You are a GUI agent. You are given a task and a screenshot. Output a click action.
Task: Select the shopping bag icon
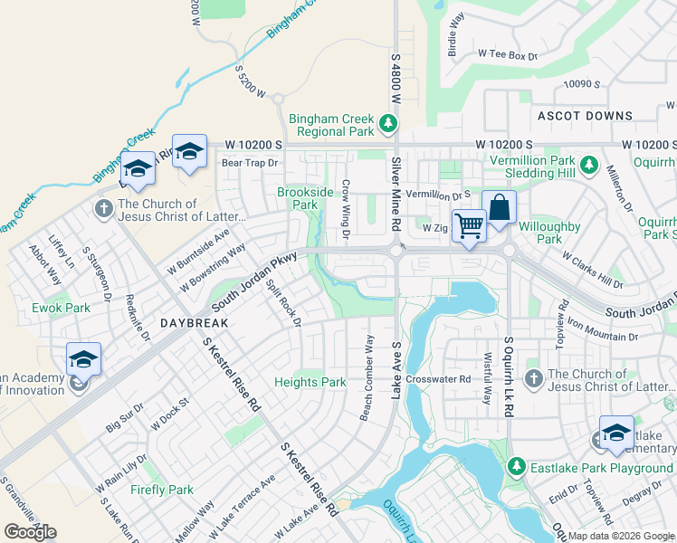pyautogui.click(x=499, y=207)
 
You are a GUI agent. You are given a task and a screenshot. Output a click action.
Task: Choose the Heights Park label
pyautogui.click(x=310, y=383)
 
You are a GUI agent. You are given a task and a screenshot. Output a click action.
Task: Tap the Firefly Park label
pyautogui.click(x=161, y=490)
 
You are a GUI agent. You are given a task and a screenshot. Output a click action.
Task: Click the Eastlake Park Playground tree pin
pyautogui.click(x=516, y=467)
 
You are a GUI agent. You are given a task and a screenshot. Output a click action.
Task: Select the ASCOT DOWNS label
pyautogui.click(x=585, y=116)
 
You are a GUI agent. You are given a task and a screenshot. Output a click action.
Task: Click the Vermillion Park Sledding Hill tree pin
pyautogui.click(x=589, y=165)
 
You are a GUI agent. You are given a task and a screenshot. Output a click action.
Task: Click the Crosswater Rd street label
pyautogui.click(x=438, y=379)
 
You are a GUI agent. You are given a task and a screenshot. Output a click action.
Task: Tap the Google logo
pyautogui.click(x=30, y=531)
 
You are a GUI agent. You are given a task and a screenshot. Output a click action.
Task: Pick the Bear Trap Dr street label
pyautogui.click(x=249, y=164)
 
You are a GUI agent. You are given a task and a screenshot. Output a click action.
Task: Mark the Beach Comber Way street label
pyautogui.click(x=367, y=377)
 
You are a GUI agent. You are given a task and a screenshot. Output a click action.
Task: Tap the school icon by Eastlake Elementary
pyautogui.click(x=616, y=433)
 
